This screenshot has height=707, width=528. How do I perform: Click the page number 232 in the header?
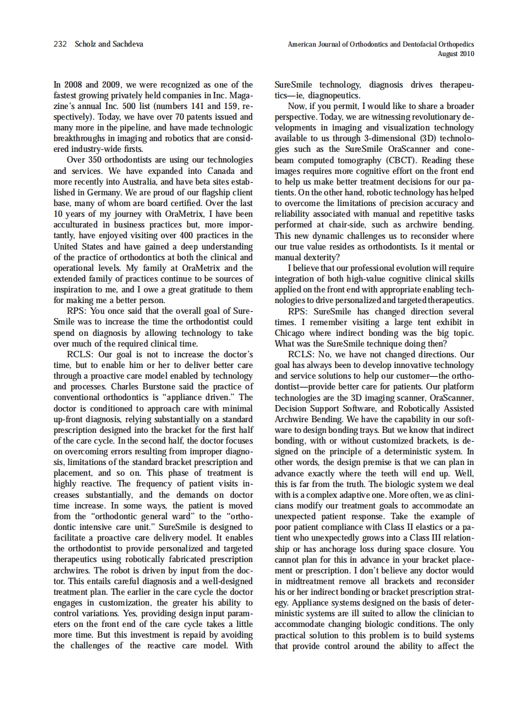(x=60, y=44)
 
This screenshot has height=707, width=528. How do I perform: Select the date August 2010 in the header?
(x=456, y=54)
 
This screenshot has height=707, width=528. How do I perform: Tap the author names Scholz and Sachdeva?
(x=102, y=44)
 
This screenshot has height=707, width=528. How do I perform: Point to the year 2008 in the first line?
(x=74, y=84)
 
